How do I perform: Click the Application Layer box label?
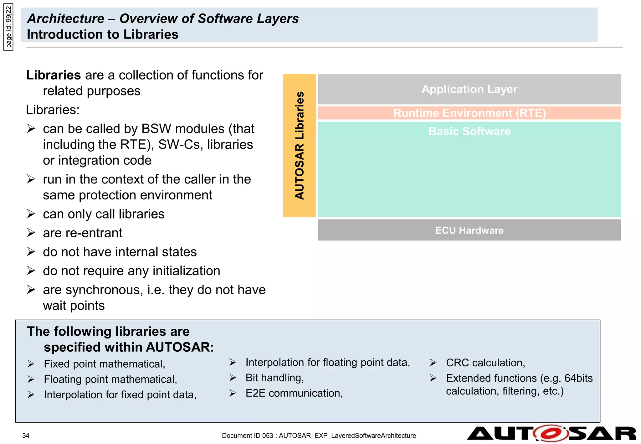click(x=469, y=89)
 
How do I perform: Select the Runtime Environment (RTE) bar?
click(x=469, y=113)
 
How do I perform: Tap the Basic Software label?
click(x=469, y=132)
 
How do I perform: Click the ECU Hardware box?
click(x=469, y=230)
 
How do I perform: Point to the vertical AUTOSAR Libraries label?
click(x=300, y=145)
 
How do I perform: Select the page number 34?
click(x=26, y=436)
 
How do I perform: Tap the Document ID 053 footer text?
click(x=319, y=436)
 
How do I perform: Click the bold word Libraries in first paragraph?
click(x=54, y=75)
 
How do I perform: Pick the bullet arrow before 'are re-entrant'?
click(x=31, y=233)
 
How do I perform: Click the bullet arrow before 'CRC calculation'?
click(x=433, y=363)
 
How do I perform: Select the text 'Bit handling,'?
click(x=274, y=378)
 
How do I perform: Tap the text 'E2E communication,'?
click(x=294, y=393)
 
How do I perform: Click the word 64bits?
click(x=578, y=378)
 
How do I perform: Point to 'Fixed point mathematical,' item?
click(x=104, y=364)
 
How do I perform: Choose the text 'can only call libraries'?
click(x=104, y=214)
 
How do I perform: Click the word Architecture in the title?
click(x=66, y=18)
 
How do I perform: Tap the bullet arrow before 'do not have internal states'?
click(x=31, y=252)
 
